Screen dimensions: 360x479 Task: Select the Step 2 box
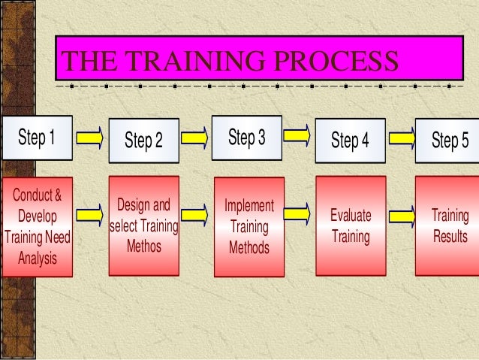(143, 141)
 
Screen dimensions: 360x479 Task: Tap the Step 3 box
(246, 138)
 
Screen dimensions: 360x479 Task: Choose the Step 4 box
(350, 141)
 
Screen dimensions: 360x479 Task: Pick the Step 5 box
(449, 141)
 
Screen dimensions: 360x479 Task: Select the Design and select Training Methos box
(144, 224)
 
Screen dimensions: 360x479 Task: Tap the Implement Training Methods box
(249, 226)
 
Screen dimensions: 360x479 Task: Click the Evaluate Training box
(351, 226)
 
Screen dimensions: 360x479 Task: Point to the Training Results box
(449, 226)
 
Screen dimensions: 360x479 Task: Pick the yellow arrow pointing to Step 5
(401, 137)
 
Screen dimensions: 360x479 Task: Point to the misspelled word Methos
(144, 245)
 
